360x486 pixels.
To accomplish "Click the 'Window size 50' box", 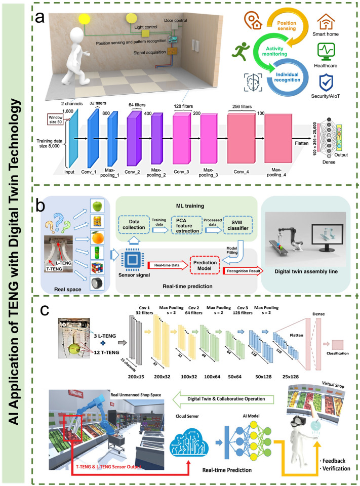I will [52, 119].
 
